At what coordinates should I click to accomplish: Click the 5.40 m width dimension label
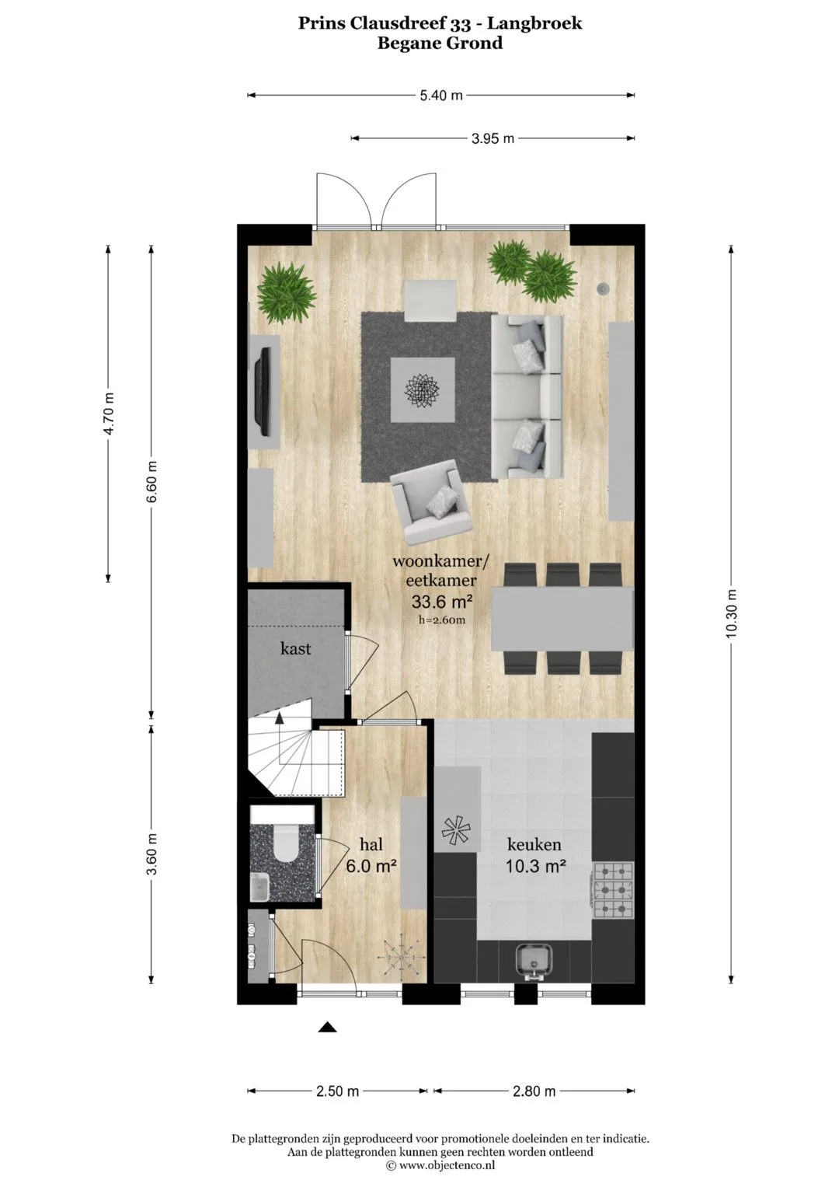coord(440,96)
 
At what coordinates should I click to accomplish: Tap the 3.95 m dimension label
coord(493,139)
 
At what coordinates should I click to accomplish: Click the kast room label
coord(295,648)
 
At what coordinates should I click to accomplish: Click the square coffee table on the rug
coord(423,390)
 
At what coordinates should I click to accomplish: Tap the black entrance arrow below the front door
coord(328,1027)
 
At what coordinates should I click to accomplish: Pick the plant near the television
coord(286,294)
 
